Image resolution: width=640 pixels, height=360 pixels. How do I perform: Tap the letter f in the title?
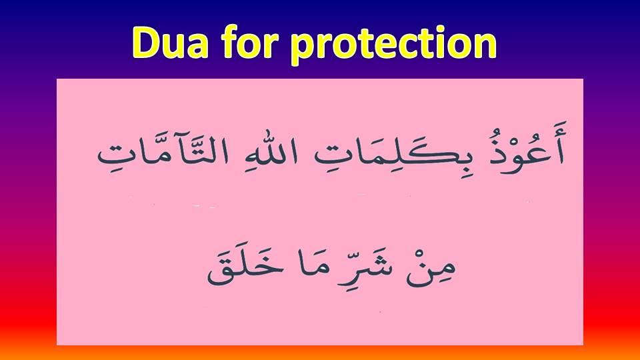coord(230,41)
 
